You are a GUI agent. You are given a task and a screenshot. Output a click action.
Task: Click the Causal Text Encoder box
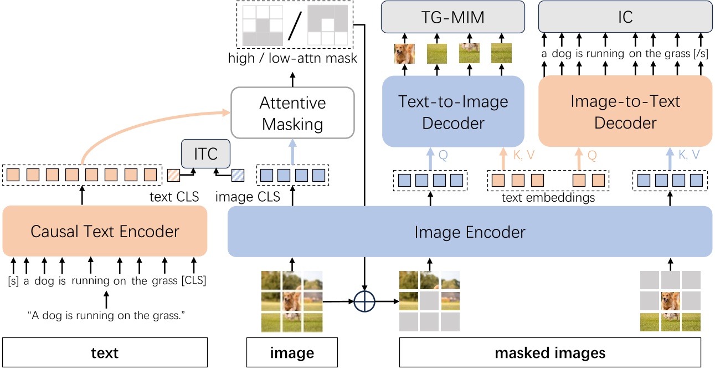click(105, 231)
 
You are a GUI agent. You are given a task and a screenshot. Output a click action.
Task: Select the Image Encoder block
click(470, 232)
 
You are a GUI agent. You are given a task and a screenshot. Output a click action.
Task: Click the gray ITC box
click(205, 153)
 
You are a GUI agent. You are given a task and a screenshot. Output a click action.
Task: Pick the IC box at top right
click(625, 17)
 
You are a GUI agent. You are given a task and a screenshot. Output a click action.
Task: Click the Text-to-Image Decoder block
click(453, 111)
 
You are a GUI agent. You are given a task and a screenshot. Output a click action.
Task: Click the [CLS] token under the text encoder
click(193, 281)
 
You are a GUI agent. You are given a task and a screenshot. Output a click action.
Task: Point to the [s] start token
click(14, 281)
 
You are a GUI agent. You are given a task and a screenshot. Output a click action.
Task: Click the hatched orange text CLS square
click(174, 176)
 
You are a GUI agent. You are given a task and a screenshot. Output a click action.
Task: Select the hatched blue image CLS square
click(238, 176)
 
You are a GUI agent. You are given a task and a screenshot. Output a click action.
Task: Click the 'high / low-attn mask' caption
click(292, 58)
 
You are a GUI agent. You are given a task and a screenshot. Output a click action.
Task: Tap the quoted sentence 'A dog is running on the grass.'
click(105, 315)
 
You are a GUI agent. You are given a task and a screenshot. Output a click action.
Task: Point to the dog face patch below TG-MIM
click(404, 54)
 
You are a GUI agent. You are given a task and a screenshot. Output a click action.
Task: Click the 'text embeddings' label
click(548, 198)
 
